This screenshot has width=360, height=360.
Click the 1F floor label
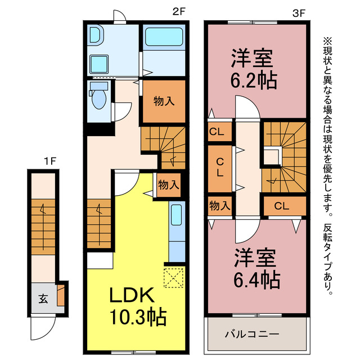[50, 161]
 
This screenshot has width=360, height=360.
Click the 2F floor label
[179, 11]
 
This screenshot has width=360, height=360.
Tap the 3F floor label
[299, 13]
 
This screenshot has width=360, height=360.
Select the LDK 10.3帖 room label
[138, 306]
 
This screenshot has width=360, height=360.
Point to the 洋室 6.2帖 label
[254, 69]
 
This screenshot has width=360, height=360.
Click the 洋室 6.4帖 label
[256, 268]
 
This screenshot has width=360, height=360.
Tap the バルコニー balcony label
[252, 334]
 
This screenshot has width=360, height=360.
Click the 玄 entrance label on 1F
[43, 299]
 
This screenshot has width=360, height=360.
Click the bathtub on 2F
[164, 37]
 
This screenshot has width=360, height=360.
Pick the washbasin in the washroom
[96, 35]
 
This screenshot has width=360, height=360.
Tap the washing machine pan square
[99, 64]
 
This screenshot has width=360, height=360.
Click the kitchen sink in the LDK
[177, 215]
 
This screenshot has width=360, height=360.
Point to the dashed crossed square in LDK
[174, 277]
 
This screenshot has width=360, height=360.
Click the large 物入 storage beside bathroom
[164, 101]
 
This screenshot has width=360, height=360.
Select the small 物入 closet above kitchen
[169, 185]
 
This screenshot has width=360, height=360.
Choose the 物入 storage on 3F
[220, 205]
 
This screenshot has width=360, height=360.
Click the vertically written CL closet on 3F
[220, 169]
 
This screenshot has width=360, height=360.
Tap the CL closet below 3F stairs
[285, 206]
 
